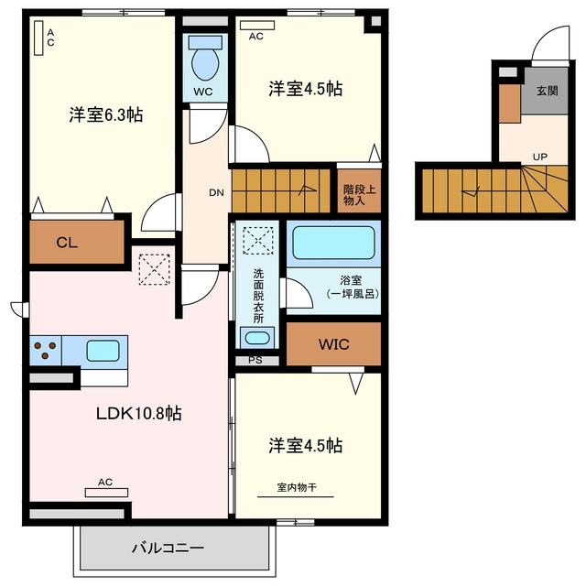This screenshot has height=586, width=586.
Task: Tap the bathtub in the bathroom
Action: (x=333, y=243)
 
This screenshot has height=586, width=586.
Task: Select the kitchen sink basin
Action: (x=103, y=351)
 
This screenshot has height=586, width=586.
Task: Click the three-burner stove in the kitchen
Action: (x=46, y=351)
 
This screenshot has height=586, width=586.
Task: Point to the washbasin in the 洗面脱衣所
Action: (x=256, y=338)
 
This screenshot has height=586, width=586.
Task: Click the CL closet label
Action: (x=67, y=243)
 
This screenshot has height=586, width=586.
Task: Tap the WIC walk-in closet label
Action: (x=333, y=344)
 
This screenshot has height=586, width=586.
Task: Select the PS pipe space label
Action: (x=255, y=360)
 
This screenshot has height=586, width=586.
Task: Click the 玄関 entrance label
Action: (x=548, y=91)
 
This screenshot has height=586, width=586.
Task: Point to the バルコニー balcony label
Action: (x=168, y=548)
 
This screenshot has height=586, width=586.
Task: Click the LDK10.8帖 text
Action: (x=139, y=413)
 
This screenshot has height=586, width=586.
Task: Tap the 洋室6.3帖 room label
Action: (x=106, y=114)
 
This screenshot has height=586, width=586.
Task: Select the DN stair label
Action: (x=216, y=193)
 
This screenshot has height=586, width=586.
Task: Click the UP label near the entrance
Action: (x=539, y=157)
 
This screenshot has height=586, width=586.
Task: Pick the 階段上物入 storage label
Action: (x=360, y=195)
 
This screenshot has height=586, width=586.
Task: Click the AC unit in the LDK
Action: (x=106, y=493)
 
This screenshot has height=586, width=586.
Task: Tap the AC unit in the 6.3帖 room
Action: (x=38, y=38)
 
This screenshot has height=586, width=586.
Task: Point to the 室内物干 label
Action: (x=297, y=487)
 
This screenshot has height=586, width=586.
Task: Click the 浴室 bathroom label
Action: (x=351, y=280)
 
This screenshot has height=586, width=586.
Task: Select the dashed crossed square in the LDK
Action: (x=155, y=269)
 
